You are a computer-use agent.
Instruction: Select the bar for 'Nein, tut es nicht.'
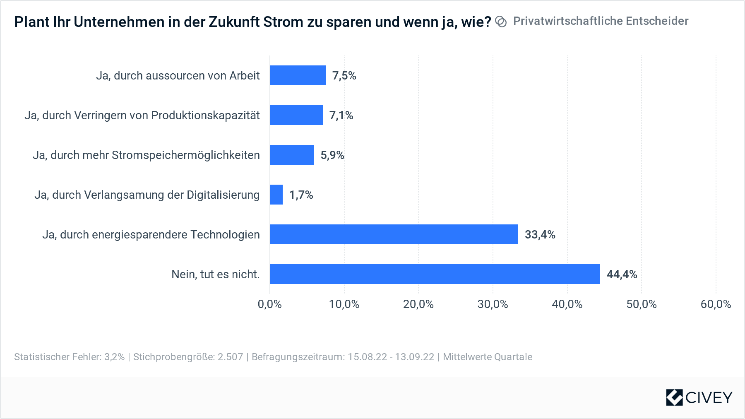click(x=435, y=274)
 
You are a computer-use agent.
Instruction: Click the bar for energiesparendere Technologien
click(x=394, y=234)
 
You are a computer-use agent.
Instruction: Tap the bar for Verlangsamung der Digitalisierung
click(x=276, y=195)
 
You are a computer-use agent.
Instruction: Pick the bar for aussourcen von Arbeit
click(x=298, y=75)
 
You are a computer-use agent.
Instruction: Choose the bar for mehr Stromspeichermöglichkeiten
click(x=291, y=155)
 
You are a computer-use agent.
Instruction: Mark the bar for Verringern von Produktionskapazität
click(x=296, y=115)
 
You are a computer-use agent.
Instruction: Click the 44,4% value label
click(x=622, y=274)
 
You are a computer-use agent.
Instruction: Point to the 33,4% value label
click(x=540, y=234)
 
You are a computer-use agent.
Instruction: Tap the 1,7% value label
click(x=301, y=195)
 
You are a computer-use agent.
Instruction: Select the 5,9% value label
click(x=332, y=155)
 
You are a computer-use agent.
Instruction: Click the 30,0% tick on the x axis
click(x=493, y=304)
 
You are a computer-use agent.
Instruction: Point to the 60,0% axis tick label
click(x=716, y=304)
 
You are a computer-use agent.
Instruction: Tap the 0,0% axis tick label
click(x=269, y=304)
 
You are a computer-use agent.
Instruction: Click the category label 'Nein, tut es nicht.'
click(x=215, y=274)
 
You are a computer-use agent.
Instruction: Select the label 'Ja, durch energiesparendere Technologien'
click(x=151, y=234)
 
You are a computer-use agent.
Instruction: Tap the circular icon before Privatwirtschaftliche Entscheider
click(x=501, y=22)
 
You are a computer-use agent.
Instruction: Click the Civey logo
click(x=699, y=397)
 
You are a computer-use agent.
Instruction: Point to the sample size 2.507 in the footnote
click(x=230, y=357)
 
